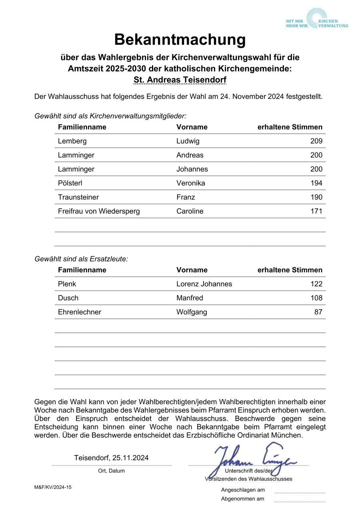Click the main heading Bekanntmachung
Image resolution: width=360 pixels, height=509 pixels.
pos(180,40)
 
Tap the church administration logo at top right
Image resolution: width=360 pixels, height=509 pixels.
pos(317,19)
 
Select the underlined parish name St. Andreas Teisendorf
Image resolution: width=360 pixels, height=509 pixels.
pos(180,80)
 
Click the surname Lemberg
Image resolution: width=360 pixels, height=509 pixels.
pos(72,141)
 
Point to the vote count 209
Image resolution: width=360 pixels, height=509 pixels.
pos(316,141)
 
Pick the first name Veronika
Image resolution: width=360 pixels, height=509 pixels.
pos(190,183)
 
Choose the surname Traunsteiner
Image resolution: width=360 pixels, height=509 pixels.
pos(78,197)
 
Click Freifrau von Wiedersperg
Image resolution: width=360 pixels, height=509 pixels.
pos(99,211)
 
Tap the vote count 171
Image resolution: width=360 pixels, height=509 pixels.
pos(316,211)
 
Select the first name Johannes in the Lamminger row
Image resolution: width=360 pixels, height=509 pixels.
pos(192,169)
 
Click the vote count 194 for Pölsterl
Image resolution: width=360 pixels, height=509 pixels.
pos(316,183)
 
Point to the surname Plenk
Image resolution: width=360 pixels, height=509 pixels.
pos(67,284)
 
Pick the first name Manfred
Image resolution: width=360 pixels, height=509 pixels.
pos(190,298)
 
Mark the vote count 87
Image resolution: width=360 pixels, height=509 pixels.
pos(318,312)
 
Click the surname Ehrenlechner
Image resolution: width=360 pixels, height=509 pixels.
pos(80,312)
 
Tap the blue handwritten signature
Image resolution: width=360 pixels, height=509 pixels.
pos(252,460)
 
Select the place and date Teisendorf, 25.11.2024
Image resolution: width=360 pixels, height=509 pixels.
pos(111,458)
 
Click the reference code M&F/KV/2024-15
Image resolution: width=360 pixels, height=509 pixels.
pos(53,487)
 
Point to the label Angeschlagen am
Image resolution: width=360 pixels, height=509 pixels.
pos(243,490)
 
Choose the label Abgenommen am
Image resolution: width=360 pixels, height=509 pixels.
pos(242,499)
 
